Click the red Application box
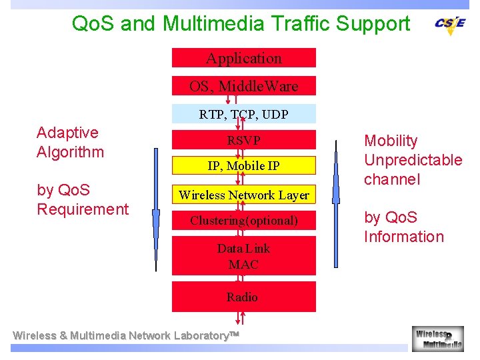(243, 58)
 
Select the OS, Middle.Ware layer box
(243, 86)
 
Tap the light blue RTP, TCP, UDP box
(243, 114)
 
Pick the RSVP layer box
(243, 140)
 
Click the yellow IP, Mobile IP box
(243, 165)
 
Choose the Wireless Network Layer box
(243, 195)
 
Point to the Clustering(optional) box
(243, 220)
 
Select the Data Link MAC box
(243, 257)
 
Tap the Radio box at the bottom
(243, 297)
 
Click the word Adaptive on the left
(67, 133)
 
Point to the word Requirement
(83, 209)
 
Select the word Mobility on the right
(391, 141)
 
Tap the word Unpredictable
(413, 160)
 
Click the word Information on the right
(403, 237)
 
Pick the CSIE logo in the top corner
(450, 24)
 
